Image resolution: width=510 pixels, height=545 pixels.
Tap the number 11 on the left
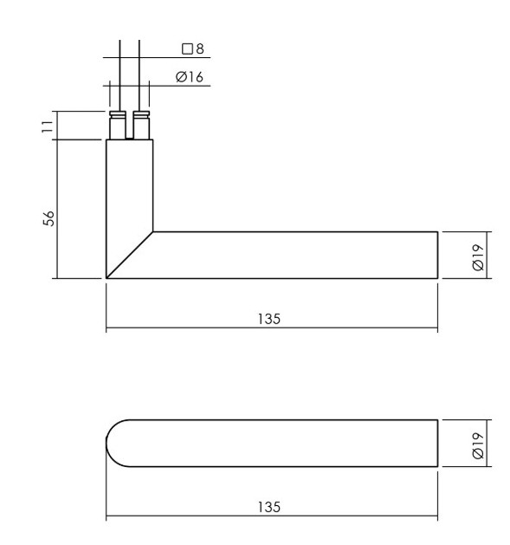click(48, 127)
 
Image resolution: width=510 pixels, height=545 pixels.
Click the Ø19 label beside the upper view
click(477, 255)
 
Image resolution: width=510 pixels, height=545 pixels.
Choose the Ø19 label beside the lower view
click(477, 444)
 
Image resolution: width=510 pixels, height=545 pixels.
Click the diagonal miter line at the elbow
click(130, 255)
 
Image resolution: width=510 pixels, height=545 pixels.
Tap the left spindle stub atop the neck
click(116, 126)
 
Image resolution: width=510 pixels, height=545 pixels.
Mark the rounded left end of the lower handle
click(114, 444)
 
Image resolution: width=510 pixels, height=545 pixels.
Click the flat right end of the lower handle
click(436, 444)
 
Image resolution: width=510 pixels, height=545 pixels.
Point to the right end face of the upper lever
click(436, 255)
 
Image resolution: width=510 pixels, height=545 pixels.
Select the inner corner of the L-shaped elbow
click(154, 231)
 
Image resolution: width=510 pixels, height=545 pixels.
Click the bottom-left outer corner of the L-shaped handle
click(107, 278)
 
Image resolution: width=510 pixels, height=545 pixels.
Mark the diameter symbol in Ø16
click(180, 77)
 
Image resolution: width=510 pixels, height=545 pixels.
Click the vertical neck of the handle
click(130, 186)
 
